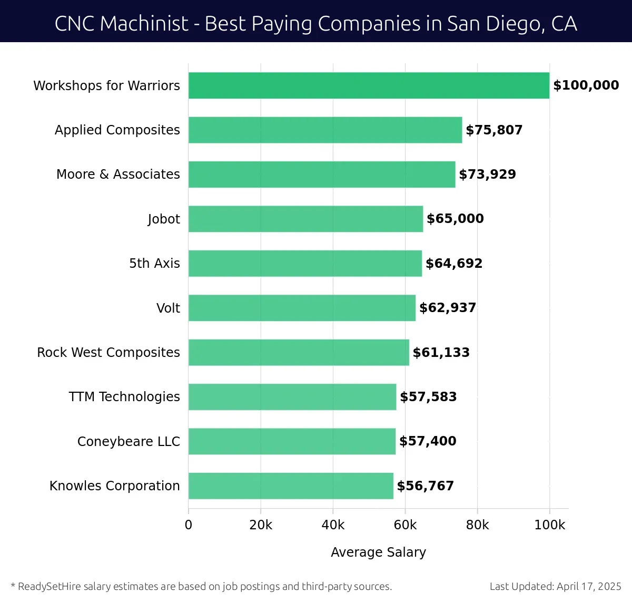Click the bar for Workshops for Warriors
click(369, 85)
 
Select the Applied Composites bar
click(325, 130)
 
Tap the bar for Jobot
click(305, 219)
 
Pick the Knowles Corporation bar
click(291, 486)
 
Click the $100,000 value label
click(586, 85)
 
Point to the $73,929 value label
click(487, 175)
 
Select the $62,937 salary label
click(448, 308)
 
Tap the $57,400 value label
click(428, 441)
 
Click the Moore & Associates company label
click(118, 175)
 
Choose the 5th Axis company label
click(154, 263)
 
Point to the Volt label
click(168, 308)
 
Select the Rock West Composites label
click(108, 352)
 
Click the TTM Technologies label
click(124, 396)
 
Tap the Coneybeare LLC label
click(129, 441)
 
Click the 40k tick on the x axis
click(333, 525)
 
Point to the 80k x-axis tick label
click(477, 525)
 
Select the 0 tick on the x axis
click(189, 525)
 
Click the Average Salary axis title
click(378, 552)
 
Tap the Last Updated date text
click(555, 586)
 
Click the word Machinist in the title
click(144, 24)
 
